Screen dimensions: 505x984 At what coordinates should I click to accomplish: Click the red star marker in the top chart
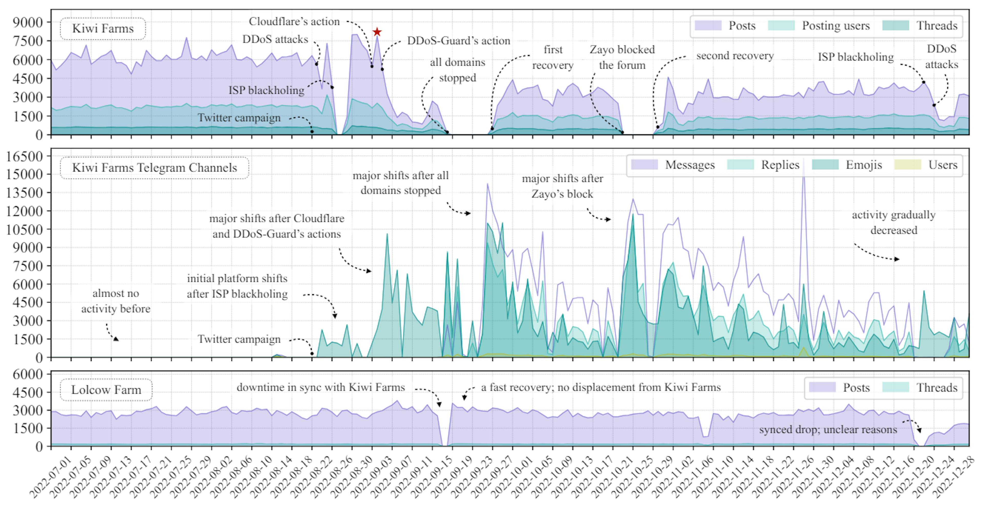click(377, 32)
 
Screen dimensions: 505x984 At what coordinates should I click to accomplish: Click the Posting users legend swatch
click(781, 26)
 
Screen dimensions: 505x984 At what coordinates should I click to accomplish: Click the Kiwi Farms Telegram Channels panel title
click(154, 167)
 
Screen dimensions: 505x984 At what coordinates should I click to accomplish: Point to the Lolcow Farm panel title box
click(106, 390)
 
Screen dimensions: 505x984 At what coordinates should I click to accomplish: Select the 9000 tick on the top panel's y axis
click(27, 23)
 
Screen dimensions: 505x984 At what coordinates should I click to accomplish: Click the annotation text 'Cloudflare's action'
click(294, 21)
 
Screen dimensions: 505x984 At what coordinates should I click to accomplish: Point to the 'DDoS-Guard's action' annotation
click(458, 40)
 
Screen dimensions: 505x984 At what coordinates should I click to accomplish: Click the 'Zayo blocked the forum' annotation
click(622, 57)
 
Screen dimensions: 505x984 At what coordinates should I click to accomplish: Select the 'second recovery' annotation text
click(735, 56)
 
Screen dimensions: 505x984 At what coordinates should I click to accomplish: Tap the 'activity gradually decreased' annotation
click(894, 223)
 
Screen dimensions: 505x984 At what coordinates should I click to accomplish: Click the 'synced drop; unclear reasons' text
click(828, 430)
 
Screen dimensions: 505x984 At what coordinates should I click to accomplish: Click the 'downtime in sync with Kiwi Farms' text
click(321, 387)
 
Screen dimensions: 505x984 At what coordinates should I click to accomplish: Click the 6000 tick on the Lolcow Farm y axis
click(27, 374)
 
